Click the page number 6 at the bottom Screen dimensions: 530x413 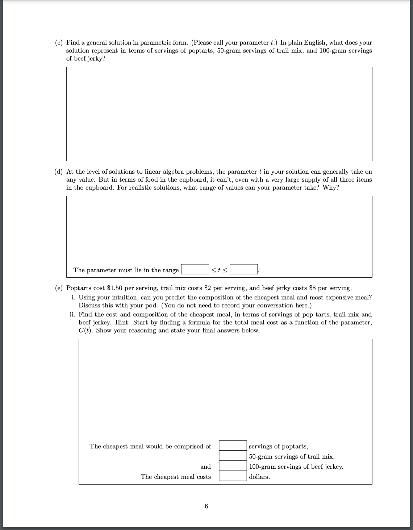click(x=206, y=506)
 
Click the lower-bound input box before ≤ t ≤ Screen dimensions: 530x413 click(x=195, y=270)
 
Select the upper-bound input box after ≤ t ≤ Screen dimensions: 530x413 click(x=244, y=270)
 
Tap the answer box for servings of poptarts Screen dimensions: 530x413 click(x=233, y=446)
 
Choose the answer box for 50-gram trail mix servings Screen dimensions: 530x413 click(x=233, y=456)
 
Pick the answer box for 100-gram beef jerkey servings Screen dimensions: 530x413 click(x=233, y=466)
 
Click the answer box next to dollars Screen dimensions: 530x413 click(x=233, y=476)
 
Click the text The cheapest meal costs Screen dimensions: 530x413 click(x=176, y=477)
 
